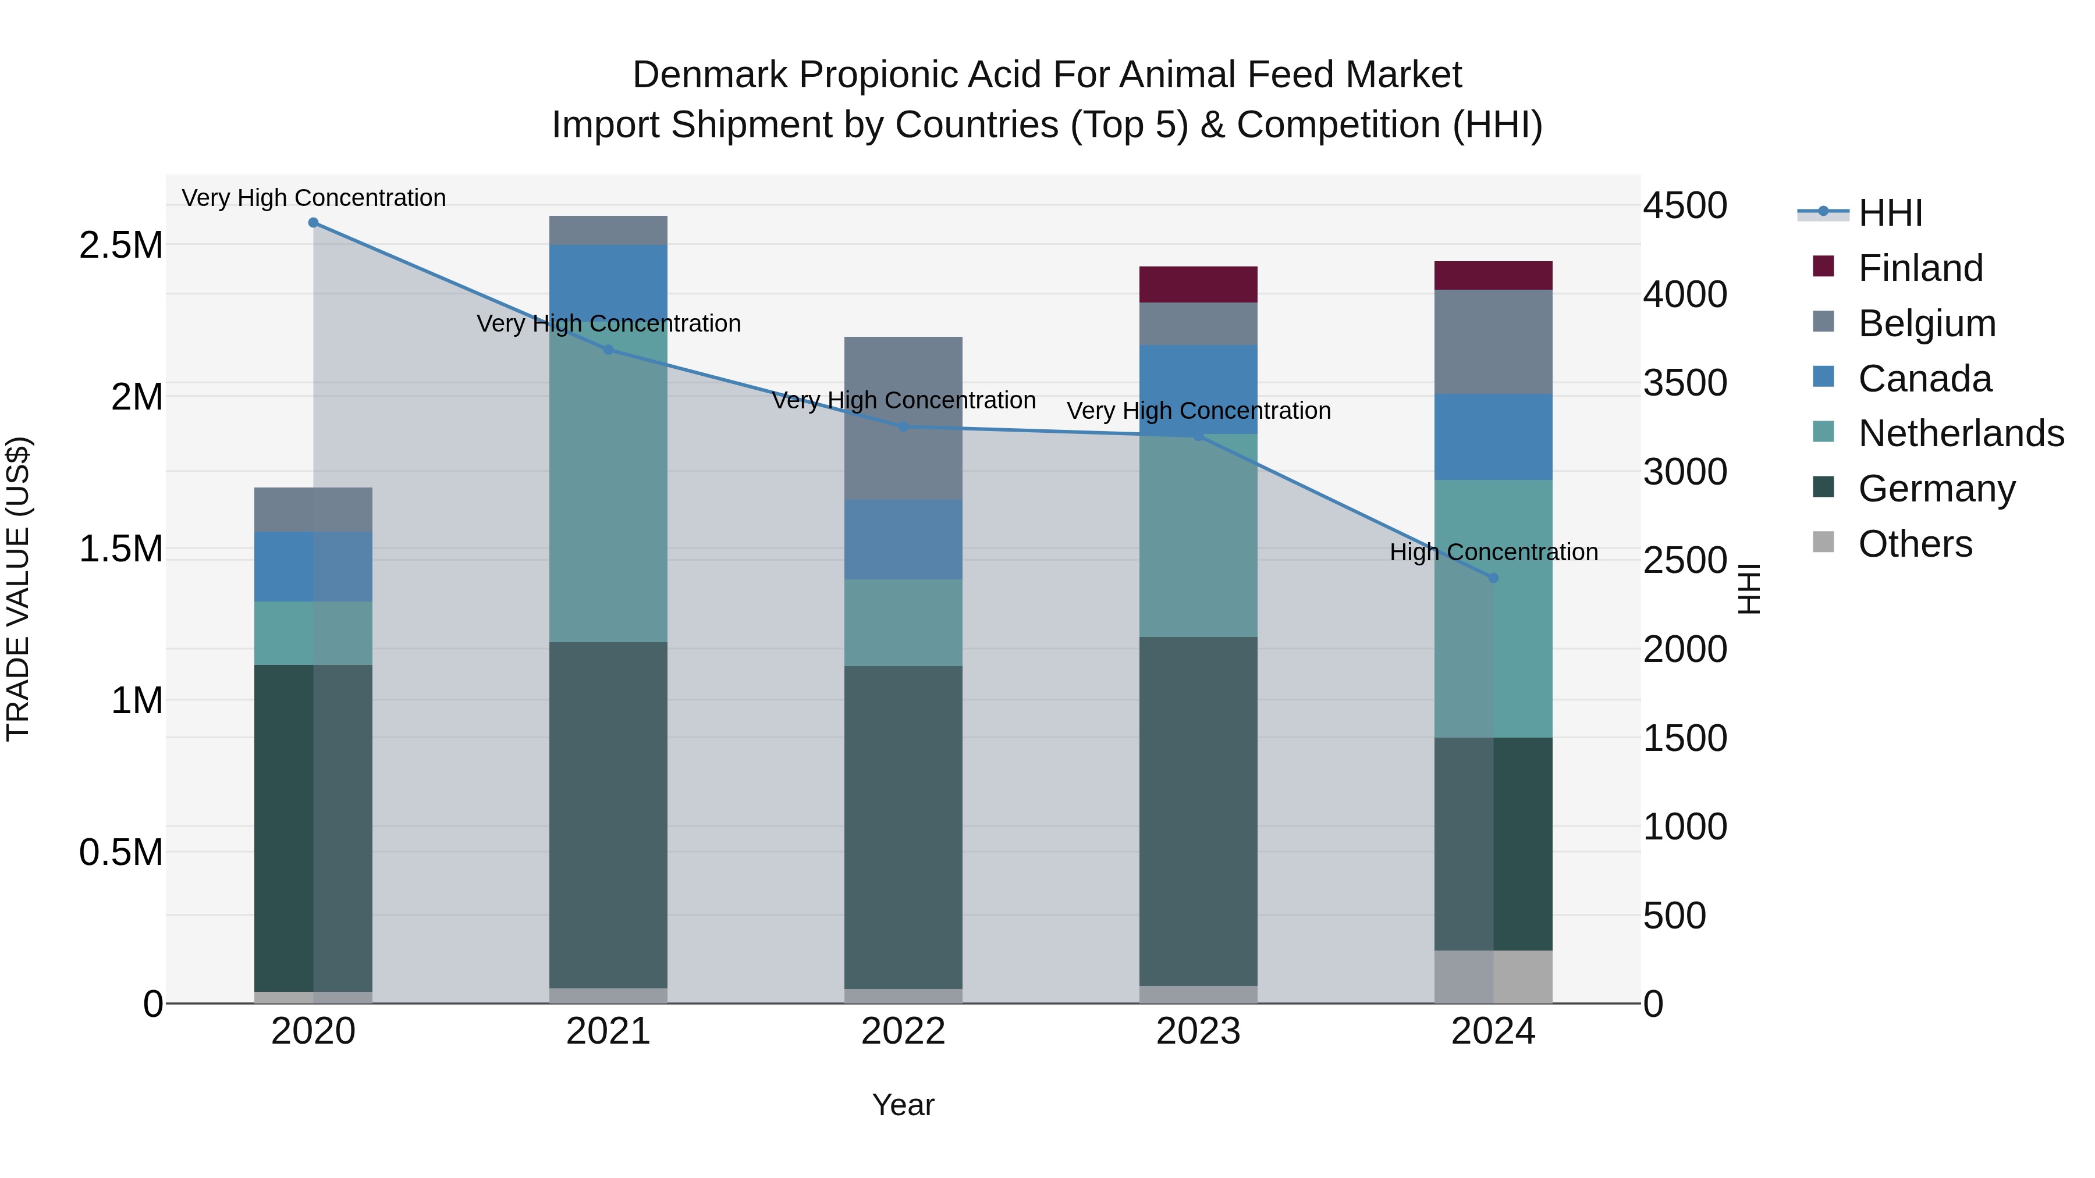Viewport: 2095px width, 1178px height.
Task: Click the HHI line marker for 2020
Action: (x=313, y=223)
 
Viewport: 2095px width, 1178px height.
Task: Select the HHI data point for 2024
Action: (x=1493, y=578)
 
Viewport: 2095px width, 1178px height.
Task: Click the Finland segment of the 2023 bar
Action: (x=1198, y=284)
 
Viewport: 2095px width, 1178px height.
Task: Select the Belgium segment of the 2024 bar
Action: (x=1493, y=342)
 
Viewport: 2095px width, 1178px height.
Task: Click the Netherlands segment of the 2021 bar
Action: (x=608, y=488)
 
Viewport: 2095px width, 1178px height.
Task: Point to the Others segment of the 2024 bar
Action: (x=1493, y=977)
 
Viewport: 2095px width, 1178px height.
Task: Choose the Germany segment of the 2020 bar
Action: (x=313, y=828)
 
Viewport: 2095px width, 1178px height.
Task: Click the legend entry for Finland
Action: (x=1921, y=268)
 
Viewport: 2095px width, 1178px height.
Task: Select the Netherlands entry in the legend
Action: (x=1961, y=433)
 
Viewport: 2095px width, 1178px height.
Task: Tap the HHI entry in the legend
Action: (x=1890, y=213)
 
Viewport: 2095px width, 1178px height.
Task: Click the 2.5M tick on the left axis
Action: (x=120, y=245)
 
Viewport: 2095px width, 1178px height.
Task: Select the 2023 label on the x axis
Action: (x=1198, y=1031)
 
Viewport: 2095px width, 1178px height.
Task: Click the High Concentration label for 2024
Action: (x=1493, y=552)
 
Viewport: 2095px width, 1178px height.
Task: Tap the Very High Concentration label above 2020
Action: (x=313, y=198)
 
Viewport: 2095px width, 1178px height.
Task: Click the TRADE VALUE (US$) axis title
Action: (x=18, y=589)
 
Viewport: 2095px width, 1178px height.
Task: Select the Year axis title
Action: (x=903, y=1105)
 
